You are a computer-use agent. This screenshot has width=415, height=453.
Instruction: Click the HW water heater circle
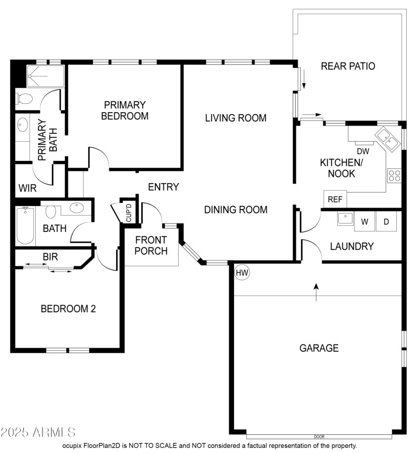(242, 272)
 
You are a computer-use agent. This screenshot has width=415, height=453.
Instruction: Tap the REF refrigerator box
(335, 199)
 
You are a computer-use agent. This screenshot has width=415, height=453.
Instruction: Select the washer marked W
(365, 222)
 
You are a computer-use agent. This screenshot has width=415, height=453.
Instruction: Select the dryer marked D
(386, 222)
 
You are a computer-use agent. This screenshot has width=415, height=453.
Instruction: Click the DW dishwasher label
(363, 152)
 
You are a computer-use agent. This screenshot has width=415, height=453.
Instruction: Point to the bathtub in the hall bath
(25, 226)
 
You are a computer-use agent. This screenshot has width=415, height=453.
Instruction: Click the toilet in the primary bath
(24, 98)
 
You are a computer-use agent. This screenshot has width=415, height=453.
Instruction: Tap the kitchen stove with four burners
(394, 175)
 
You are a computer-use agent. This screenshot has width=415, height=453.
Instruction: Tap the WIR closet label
(27, 188)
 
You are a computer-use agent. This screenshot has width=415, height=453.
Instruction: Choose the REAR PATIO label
(348, 66)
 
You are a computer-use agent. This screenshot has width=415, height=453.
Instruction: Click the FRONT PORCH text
(151, 245)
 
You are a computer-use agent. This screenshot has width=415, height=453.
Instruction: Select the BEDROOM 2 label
(68, 309)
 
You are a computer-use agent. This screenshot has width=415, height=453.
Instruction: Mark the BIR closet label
(50, 256)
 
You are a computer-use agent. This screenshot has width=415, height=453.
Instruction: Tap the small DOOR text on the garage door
(319, 436)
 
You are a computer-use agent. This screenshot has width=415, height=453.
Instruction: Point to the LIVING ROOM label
(236, 118)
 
